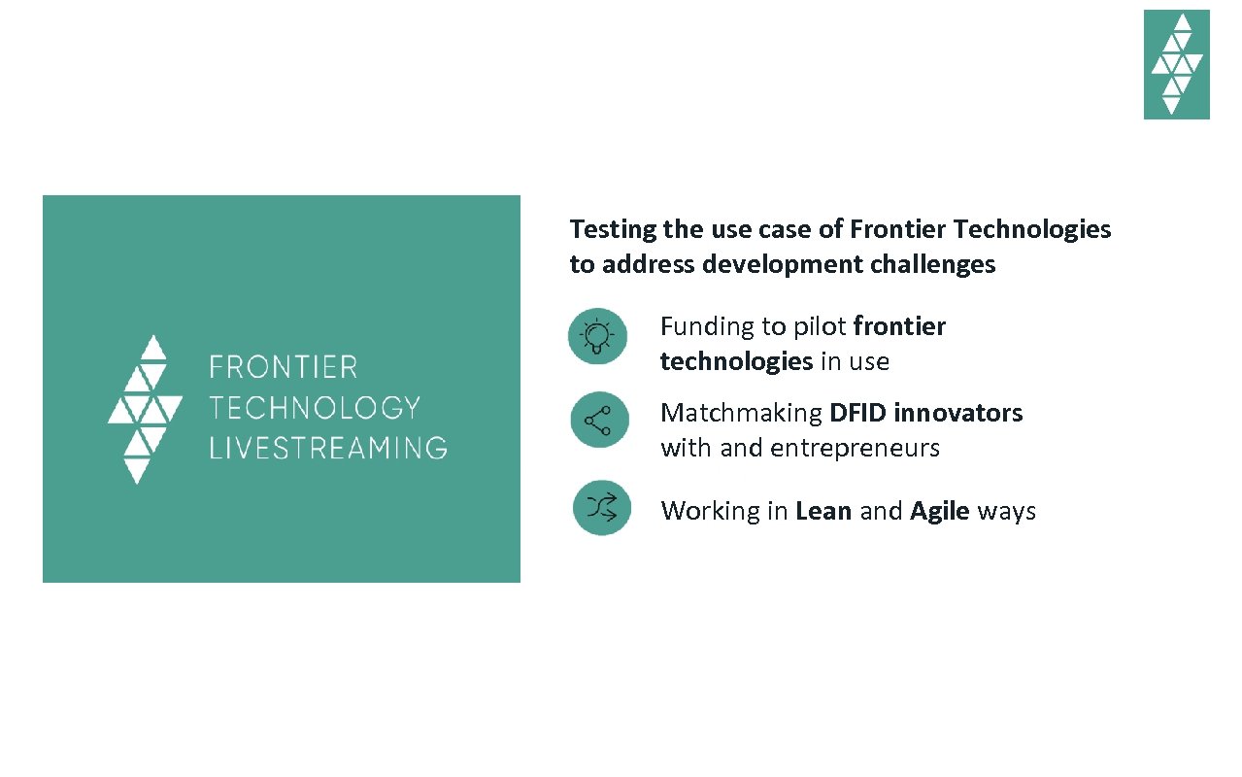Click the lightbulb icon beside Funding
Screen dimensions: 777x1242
[597, 336]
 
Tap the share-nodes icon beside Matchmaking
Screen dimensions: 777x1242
[598, 420]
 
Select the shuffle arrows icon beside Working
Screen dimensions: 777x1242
[601, 507]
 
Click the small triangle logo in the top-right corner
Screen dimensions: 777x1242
[1176, 64]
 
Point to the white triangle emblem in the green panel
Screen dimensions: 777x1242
[145, 409]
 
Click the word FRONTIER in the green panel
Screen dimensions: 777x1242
[284, 367]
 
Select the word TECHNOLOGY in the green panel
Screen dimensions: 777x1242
[315, 407]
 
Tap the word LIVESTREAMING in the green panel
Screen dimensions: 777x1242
[328, 448]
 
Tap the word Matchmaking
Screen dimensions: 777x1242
[741, 413]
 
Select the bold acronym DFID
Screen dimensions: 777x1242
[857, 413]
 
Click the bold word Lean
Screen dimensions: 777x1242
[823, 511]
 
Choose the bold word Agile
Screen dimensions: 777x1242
[939, 511]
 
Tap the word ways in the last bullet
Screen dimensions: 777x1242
[1006, 512]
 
